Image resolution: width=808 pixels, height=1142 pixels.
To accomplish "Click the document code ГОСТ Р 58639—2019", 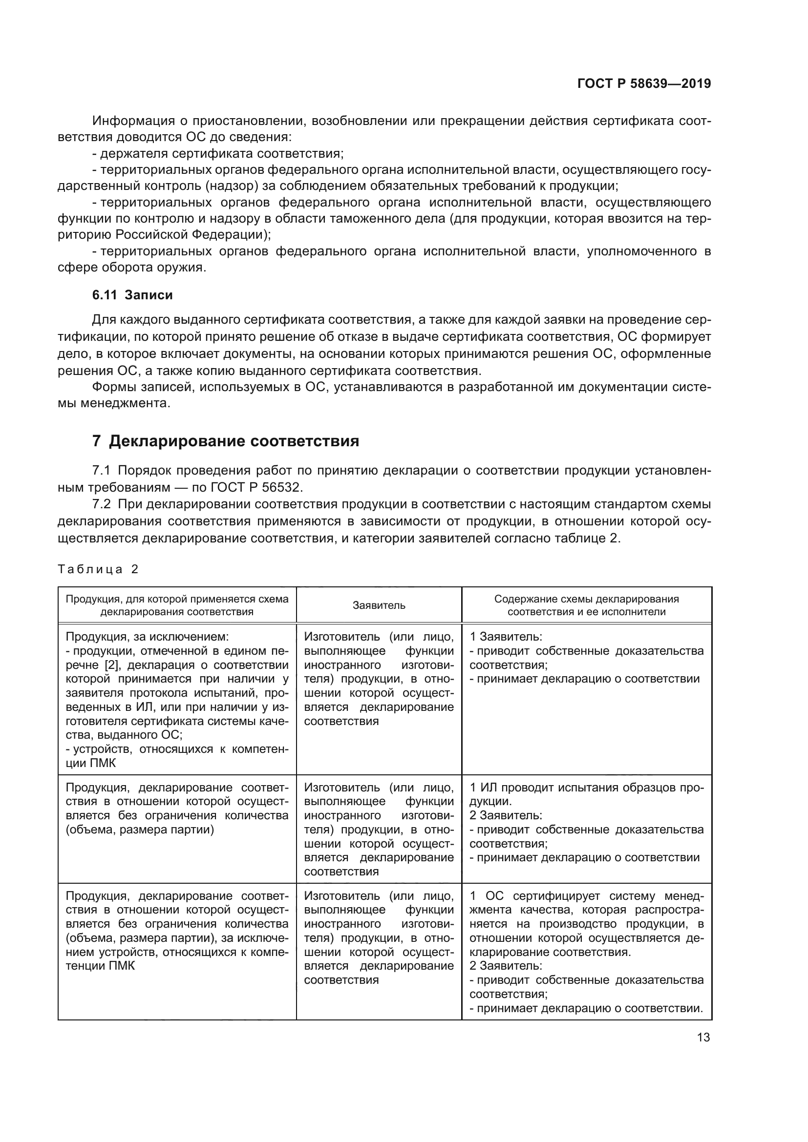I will [x=644, y=83].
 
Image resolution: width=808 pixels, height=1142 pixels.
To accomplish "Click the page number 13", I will [x=703, y=1038].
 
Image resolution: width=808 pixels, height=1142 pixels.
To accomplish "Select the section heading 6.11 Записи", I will [x=132, y=295].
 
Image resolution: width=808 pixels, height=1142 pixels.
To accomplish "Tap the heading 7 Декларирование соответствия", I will [x=225, y=441].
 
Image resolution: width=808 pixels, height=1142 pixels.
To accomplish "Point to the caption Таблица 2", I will [x=98, y=569].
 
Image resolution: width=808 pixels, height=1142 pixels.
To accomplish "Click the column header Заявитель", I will [x=379, y=605].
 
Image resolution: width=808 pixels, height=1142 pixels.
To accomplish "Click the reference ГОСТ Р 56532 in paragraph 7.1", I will [x=262, y=486].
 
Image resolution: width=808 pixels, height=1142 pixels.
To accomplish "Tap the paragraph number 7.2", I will [x=102, y=504].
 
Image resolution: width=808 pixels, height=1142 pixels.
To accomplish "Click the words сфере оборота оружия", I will [x=131, y=268].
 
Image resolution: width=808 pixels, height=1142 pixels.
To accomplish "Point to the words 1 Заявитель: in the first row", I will [x=506, y=637].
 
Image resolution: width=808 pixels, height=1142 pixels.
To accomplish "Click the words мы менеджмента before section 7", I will [x=114, y=403].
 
